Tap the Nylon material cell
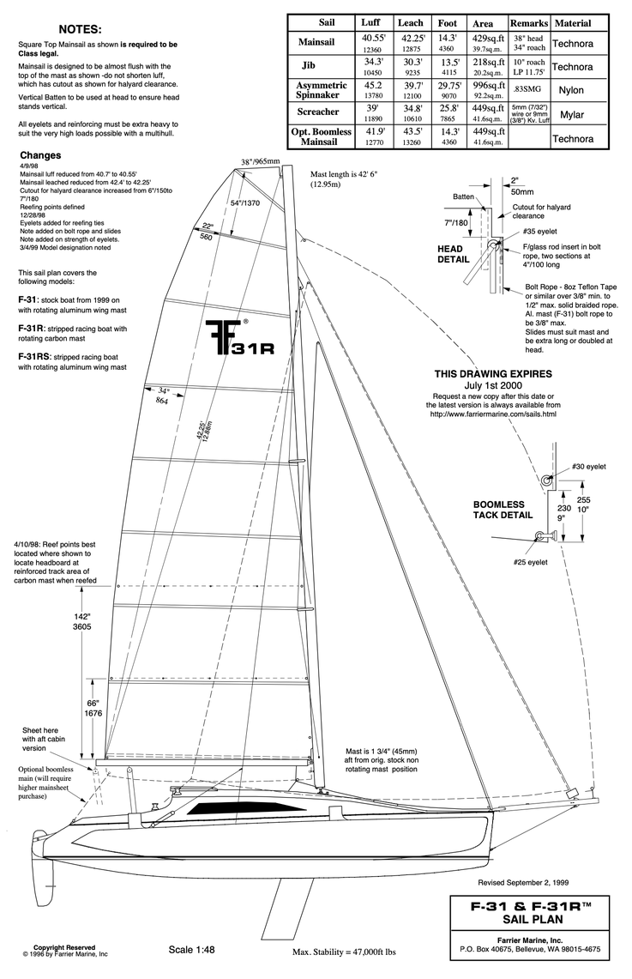tap(571, 90)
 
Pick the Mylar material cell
tap(571, 114)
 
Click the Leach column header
tap(410, 22)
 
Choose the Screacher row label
tap(317, 112)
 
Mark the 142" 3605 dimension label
tap(82, 620)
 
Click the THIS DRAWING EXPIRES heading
tap(492, 374)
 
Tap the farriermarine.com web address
tap(492, 414)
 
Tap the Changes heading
tap(40, 155)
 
